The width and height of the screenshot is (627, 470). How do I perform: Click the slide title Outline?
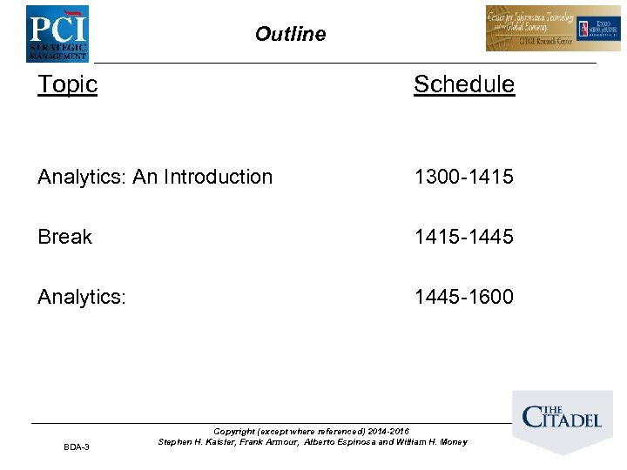coord(290,35)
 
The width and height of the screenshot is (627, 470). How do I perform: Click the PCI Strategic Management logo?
coord(57,33)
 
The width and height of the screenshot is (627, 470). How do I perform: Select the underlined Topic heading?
coord(67,84)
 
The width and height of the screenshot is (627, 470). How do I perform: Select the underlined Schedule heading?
coord(464,84)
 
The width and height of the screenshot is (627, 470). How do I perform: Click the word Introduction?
coord(218,177)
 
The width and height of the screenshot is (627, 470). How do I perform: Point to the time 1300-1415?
coord(464,177)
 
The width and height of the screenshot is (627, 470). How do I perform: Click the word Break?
coord(64,237)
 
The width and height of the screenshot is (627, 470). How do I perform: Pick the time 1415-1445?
coord(464,237)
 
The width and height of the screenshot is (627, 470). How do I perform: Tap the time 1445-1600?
coord(464,297)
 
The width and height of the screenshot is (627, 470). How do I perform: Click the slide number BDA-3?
coord(76,447)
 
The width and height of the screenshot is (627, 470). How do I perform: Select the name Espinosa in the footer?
coord(352,442)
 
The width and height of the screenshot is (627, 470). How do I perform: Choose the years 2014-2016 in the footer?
coord(388,431)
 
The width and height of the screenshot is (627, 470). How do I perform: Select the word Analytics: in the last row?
coord(82,297)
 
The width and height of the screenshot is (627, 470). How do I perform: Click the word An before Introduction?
coord(145,177)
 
